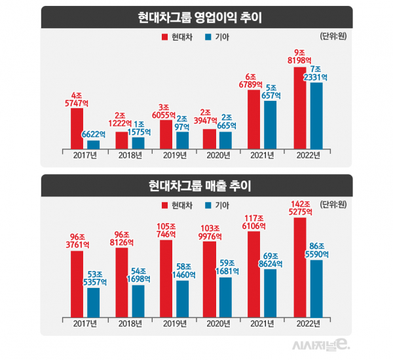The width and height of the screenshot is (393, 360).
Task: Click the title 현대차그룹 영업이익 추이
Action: (196, 17)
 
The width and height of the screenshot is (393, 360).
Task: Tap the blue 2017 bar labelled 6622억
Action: (93, 144)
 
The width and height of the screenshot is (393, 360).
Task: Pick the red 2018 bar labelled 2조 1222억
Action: (121, 140)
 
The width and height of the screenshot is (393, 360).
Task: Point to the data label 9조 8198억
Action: (299, 56)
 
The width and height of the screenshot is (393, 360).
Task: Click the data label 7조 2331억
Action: (316, 73)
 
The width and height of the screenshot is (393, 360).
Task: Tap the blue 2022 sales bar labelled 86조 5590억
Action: (316, 287)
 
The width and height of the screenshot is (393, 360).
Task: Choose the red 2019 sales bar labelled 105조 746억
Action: (166, 278)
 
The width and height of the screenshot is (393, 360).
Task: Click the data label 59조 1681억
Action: (227, 267)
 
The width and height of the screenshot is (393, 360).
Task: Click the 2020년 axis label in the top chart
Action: (217, 155)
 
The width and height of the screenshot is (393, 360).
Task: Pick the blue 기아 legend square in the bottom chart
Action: (208, 206)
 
